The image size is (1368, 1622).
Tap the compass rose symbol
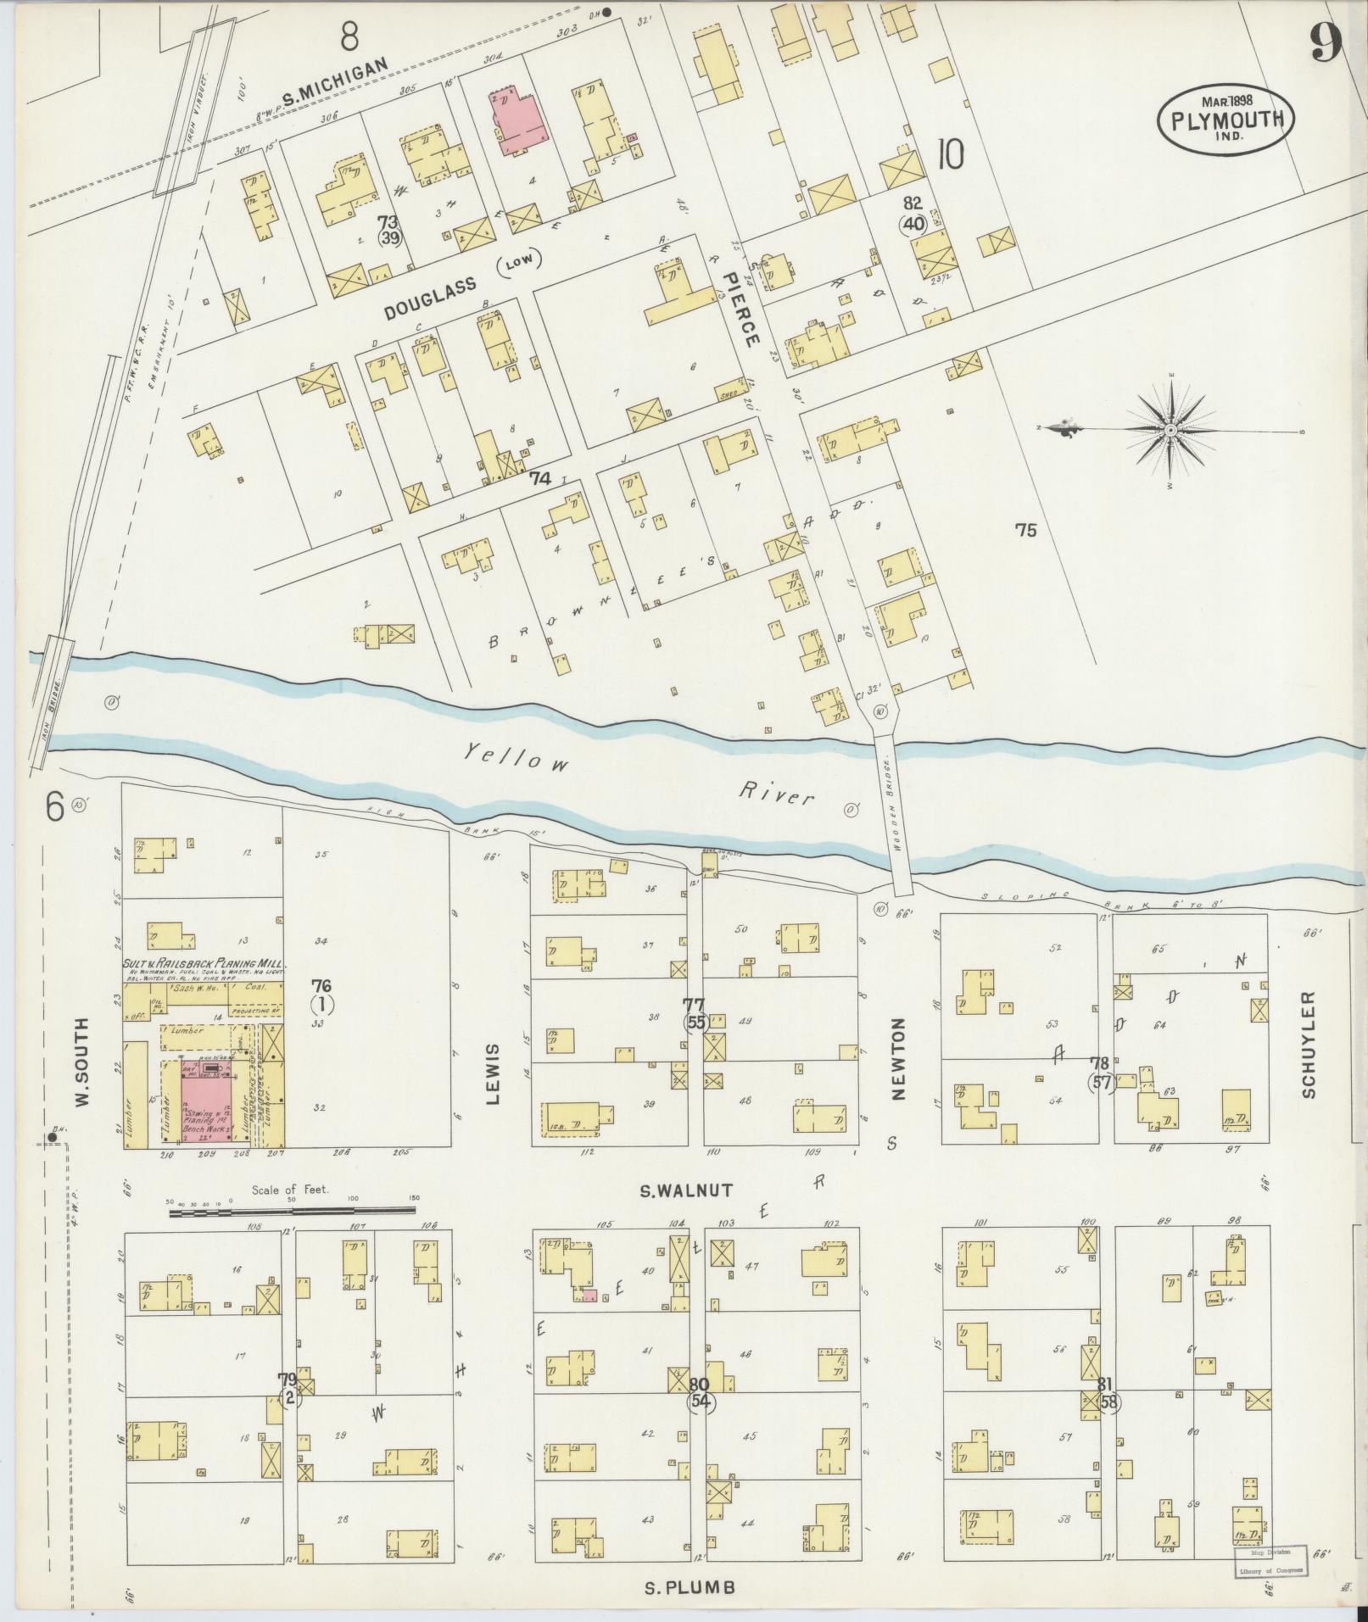1170,431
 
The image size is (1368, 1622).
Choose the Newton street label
899,1059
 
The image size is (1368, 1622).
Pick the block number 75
1026,531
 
